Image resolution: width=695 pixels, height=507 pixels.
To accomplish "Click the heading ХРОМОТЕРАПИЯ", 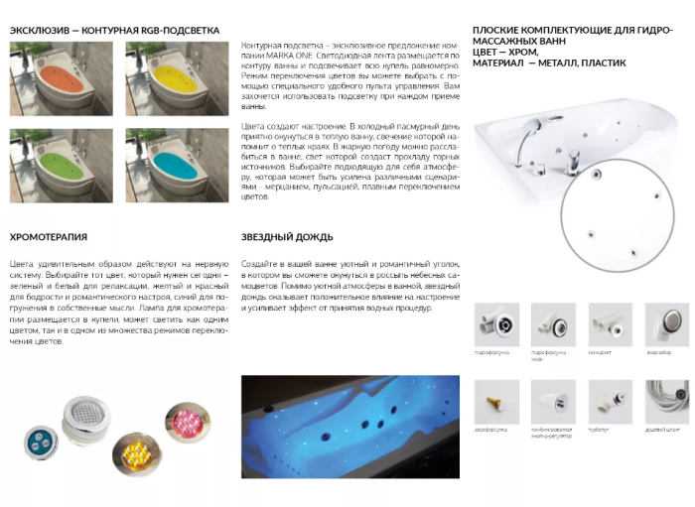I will coord(49,237).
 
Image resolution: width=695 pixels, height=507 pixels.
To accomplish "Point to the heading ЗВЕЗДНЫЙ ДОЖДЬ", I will coord(287,237).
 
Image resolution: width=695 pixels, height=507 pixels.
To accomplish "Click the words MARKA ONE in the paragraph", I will coord(284,57).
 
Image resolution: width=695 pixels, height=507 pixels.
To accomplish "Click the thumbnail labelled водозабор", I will coord(667,324).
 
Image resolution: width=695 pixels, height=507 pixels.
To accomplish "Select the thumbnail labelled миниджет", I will coord(610,324).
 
